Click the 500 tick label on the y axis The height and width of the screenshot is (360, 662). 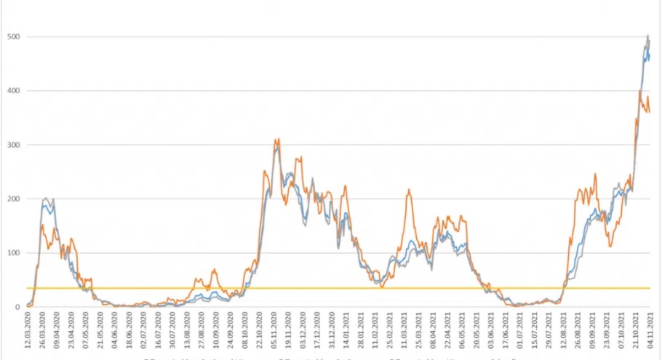12,36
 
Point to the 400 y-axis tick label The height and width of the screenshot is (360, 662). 12,91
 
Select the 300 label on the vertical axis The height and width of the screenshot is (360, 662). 12,145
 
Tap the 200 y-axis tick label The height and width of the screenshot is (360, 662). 12,199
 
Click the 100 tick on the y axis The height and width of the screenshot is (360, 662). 12,253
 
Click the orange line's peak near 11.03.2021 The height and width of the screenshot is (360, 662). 409,190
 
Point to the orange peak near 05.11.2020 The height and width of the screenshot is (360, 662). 276,139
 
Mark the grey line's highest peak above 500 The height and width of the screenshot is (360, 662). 648,35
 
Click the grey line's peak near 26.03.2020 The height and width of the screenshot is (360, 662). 47,198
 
